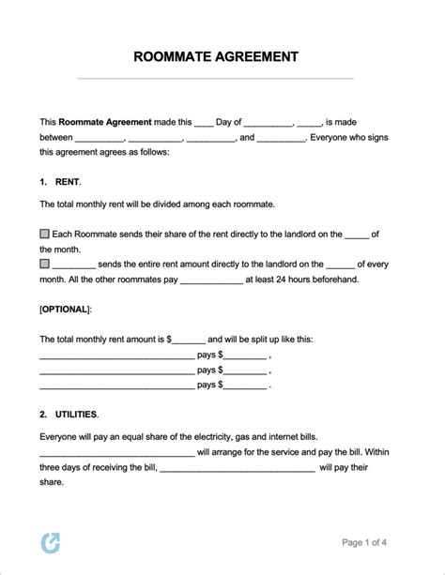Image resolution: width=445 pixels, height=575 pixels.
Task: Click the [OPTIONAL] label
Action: tap(66, 308)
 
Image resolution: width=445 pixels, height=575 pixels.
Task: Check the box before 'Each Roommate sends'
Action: tap(45, 233)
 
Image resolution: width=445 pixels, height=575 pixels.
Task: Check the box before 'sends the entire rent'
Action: tap(45, 264)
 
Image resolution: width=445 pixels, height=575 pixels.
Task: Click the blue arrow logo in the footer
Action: tap(50, 543)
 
